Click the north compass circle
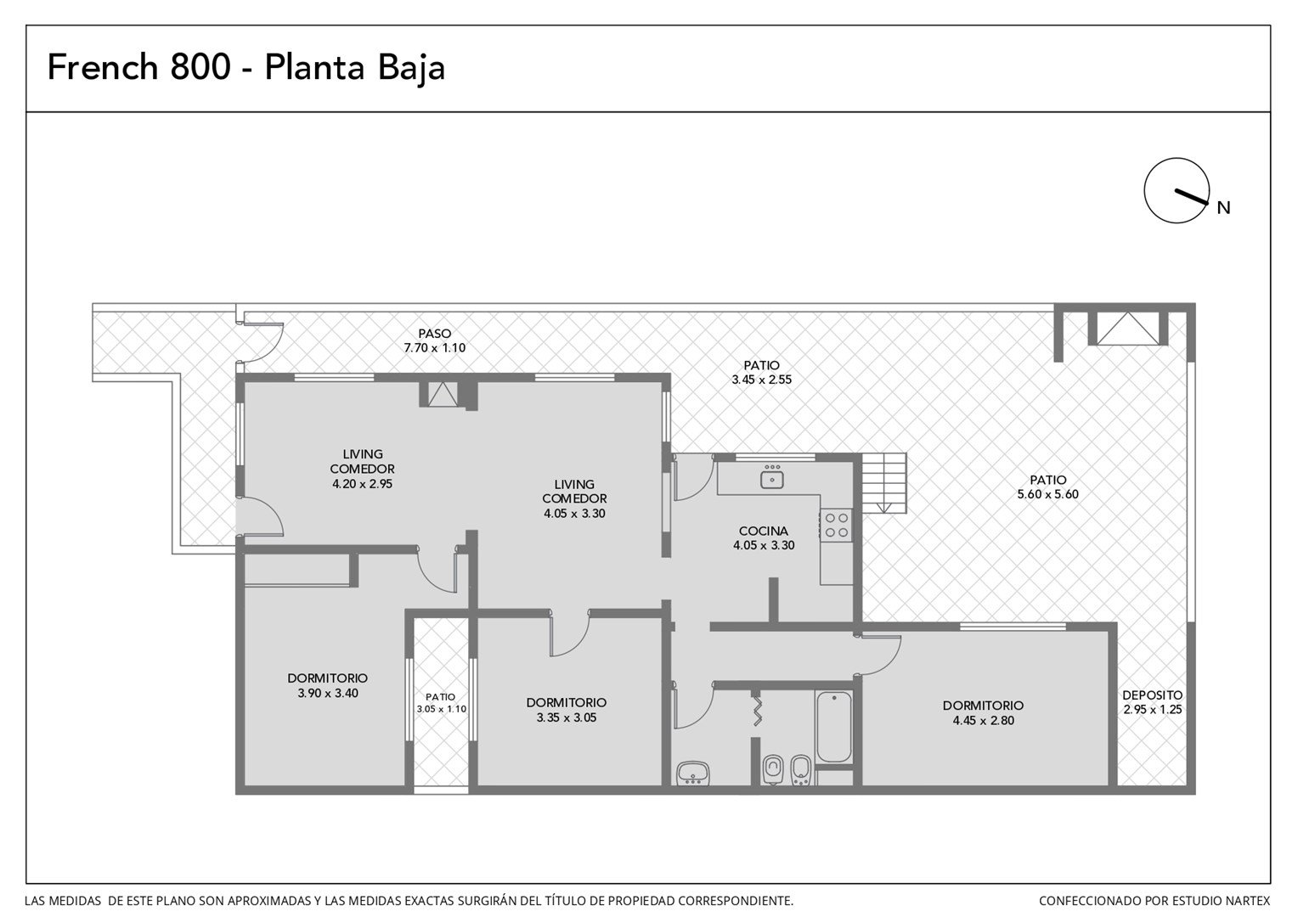pyautogui.click(x=1145, y=190)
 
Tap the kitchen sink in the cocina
pyautogui.click(x=772, y=480)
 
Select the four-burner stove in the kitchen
pyautogui.click(x=836, y=525)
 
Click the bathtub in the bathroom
pyautogui.click(x=834, y=727)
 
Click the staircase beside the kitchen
pyautogui.click(x=884, y=483)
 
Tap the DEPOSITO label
pyautogui.click(x=1153, y=695)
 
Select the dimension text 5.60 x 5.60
pyautogui.click(x=1048, y=494)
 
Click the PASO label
pyautogui.click(x=435, y=334)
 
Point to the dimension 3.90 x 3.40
pyautogui.click(x=328, y=693)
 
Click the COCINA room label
pyautogui.click(x=764, y=531)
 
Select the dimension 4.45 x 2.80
pyautogui.click(x=984, y=721)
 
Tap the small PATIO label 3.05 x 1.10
pyautogui.click(x=441, y=703)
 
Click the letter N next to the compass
pyautogui.click(x=1223, y=208)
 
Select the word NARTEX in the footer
pyautogui.click(x=1249, y=901)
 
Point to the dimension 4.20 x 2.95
pyautogui.click(x=362, y=484)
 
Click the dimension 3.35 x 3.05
pyautogui.click(x=566, y=717)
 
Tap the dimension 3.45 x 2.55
pyautogui.click(x=761, y=380)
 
